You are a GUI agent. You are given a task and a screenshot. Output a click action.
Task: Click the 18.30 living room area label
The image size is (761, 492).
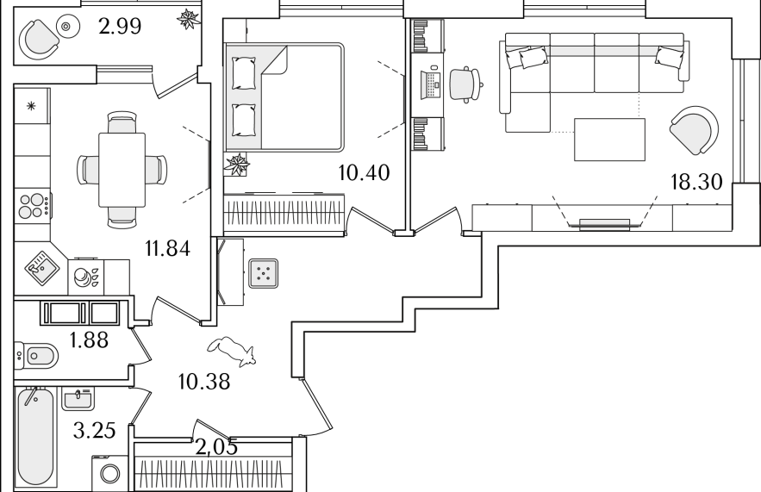[696, 182]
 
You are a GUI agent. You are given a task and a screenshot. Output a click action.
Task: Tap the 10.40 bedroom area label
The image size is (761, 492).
[364, 172]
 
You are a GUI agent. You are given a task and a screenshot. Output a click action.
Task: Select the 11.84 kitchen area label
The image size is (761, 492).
[167, 248]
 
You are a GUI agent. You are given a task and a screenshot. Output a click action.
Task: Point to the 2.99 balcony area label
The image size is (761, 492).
[120, 26]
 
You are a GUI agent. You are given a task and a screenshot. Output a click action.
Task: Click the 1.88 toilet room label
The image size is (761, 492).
[89, 340]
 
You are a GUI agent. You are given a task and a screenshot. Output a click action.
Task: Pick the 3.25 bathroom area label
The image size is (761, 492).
[95, 430]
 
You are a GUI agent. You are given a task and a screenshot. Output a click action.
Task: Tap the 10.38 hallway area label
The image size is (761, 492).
[204, 382]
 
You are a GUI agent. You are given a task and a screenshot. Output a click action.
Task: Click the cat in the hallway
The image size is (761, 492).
[232, 351]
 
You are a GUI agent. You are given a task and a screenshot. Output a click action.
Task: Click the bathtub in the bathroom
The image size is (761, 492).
[34, 437]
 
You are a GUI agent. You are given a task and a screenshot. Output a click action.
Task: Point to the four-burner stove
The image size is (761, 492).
[33, 205]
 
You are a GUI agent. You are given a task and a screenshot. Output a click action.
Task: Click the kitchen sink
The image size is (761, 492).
[43, 266]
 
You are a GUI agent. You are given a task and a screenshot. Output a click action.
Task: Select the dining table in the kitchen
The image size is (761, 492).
[122, 170]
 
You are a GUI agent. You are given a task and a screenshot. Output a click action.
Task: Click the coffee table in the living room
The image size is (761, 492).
[609, 140]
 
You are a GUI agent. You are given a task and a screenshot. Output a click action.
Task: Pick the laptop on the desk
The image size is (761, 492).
[431, 85]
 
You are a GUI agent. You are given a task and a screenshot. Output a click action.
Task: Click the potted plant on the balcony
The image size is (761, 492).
[188, 19]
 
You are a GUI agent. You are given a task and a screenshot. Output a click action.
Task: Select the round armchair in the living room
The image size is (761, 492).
[694, 130]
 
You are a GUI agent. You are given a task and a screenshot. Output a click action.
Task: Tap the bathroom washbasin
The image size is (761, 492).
[78, 399]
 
